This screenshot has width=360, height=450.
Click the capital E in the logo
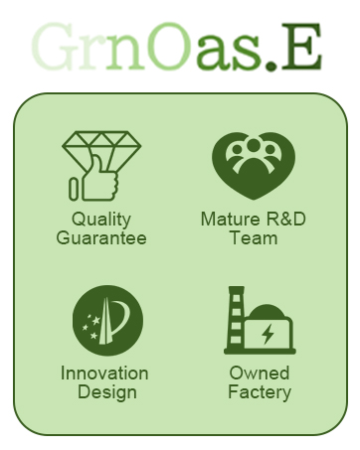301,47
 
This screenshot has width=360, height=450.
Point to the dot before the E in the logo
270,66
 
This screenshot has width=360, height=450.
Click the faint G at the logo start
54,47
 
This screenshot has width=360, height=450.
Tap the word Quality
101,221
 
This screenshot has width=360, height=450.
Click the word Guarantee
101,238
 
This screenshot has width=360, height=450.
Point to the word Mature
231,220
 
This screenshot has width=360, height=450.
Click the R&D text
285,220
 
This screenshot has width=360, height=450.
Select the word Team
254,238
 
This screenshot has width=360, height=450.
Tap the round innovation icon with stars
108,321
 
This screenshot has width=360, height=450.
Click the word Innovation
104,374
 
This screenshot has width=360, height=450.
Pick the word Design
107,392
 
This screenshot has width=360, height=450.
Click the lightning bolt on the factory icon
268,334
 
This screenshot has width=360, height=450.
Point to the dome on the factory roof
267,311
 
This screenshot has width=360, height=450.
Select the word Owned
260,374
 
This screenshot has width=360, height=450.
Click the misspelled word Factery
260,392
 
